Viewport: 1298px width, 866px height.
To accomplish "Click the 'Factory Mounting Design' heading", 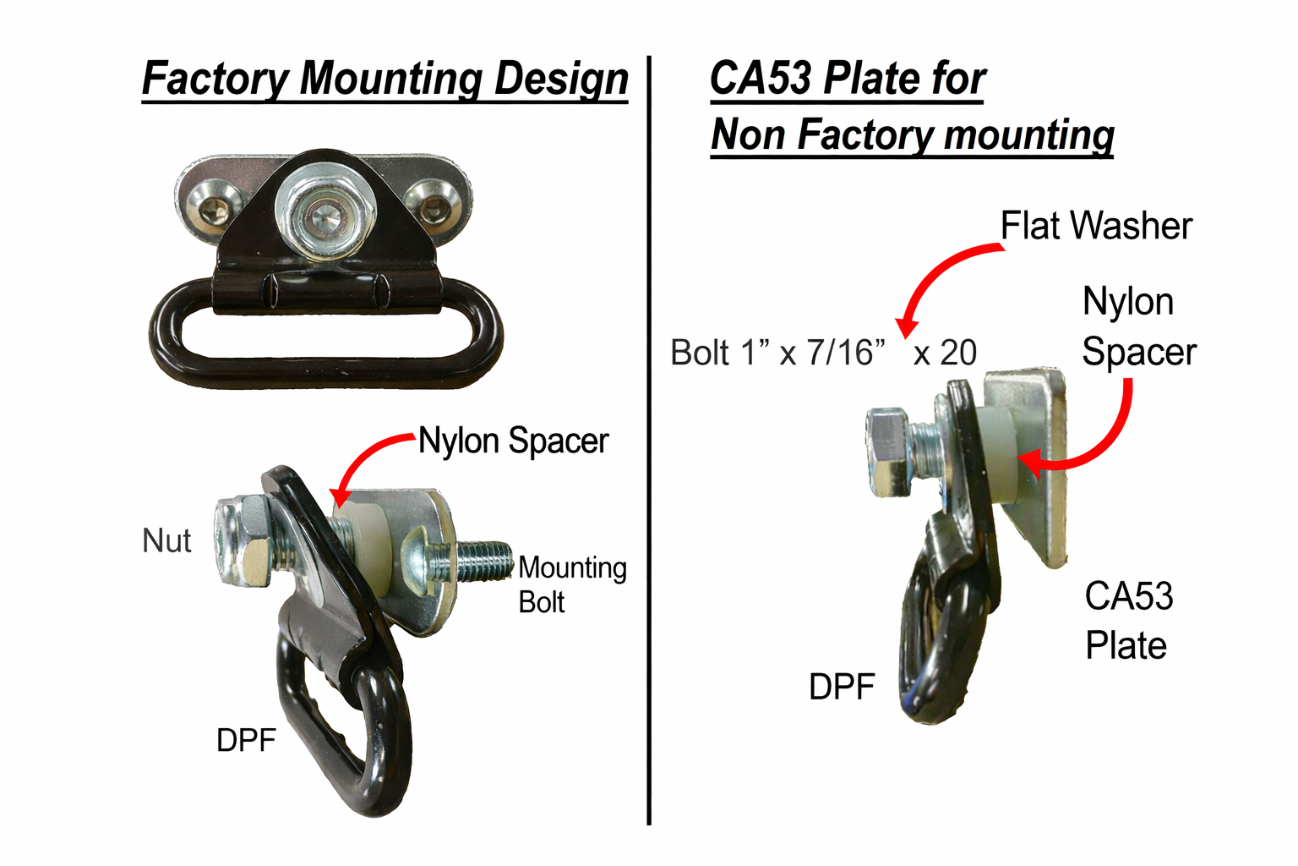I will tap(384, 79).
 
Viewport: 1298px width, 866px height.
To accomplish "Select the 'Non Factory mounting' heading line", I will tap(912, 134).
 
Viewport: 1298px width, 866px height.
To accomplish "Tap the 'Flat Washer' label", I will tap(1096, 226).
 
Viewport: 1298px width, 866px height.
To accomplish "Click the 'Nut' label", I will tap(166, 541).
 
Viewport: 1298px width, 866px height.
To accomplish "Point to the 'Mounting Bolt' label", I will tap(571, 584).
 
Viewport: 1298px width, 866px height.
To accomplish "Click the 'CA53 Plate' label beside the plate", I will tap(1128, 621).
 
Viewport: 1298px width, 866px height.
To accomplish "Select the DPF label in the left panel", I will tap(246, 740).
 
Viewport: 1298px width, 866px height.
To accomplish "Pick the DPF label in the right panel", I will tap(841, 687).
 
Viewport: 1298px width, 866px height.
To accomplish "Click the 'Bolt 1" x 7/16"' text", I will tap(777, 353).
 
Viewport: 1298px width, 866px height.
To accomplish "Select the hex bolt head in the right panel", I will tap(888, 452).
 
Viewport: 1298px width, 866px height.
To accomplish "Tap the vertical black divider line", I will tap(649, 440).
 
